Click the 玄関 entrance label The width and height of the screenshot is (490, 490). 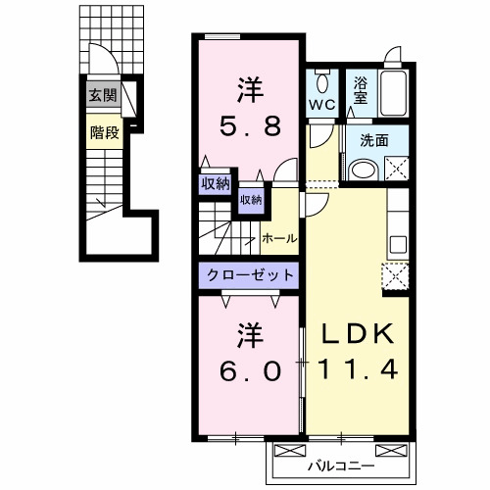(x=103, y=96)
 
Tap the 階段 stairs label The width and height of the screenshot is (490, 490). (x=105, y=132)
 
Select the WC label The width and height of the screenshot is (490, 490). (x=322, y=105)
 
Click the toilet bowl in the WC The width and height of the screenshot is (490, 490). (x=322, y=82)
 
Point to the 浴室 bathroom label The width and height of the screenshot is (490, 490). (x=361, y=91)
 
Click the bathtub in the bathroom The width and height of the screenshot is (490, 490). (x=393, y=93)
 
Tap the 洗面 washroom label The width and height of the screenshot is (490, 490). (x=374, y=140)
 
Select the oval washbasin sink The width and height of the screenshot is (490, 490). (x=364, y=170)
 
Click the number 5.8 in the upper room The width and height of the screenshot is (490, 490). (x=250, y=126)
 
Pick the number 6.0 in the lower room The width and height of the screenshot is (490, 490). (x=250, y=371)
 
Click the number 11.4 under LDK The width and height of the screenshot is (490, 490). (x=358, y=368)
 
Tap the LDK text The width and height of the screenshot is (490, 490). (x=358, y=334)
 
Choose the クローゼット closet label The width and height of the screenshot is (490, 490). (x=250, y=275)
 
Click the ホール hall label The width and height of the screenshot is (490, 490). (x=279, y=238)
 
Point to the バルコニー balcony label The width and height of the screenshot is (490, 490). (x=341, y=466)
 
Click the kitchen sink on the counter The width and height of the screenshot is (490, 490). (x=398, y=244)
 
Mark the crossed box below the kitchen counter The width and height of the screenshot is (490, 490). (x=396, y=276)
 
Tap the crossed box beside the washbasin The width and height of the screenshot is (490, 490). (x=397, y=169)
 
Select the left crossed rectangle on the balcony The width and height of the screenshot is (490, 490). (x=289, y=451)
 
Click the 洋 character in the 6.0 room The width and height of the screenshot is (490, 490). (x=250, y=335)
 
